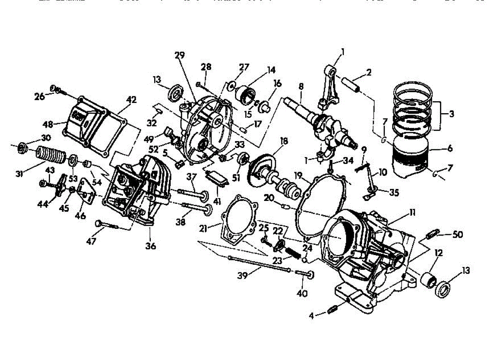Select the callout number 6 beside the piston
click(x=450, y=149)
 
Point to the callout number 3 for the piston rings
click(x=451, y=114)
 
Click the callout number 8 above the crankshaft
click(x=301, y=87)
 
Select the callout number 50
click(x=458, y=235)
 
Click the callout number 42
click(x=131, y=100)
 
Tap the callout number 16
click(x=277, y=83)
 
